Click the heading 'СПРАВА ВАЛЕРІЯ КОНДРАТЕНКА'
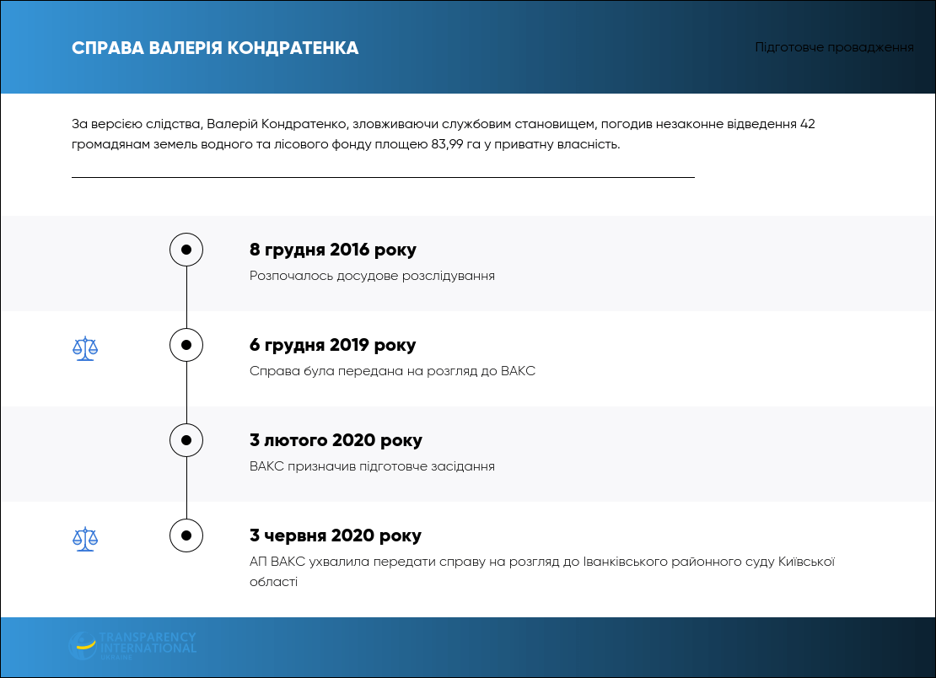click(x=215, y=48)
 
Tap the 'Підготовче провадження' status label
click(x=834, y=47)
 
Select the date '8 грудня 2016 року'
click(x=333, y=250)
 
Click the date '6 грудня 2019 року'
click(x=332, y=345)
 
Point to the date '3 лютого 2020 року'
click(x=336, y=440)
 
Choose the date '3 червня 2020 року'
click(x=336, y=536)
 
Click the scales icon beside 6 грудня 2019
click(x=85, y=348)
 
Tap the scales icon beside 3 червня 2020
click(x=85, y=539)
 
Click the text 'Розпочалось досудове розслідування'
click(x=372, y=276)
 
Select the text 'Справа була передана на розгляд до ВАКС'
click(x=392, y=371)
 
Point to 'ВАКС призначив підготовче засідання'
click(x=372, y=466)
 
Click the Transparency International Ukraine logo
click(x=132, y=646)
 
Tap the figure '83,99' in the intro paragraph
click(x=447, y=144)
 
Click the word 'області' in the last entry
click(x=273, y=582)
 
